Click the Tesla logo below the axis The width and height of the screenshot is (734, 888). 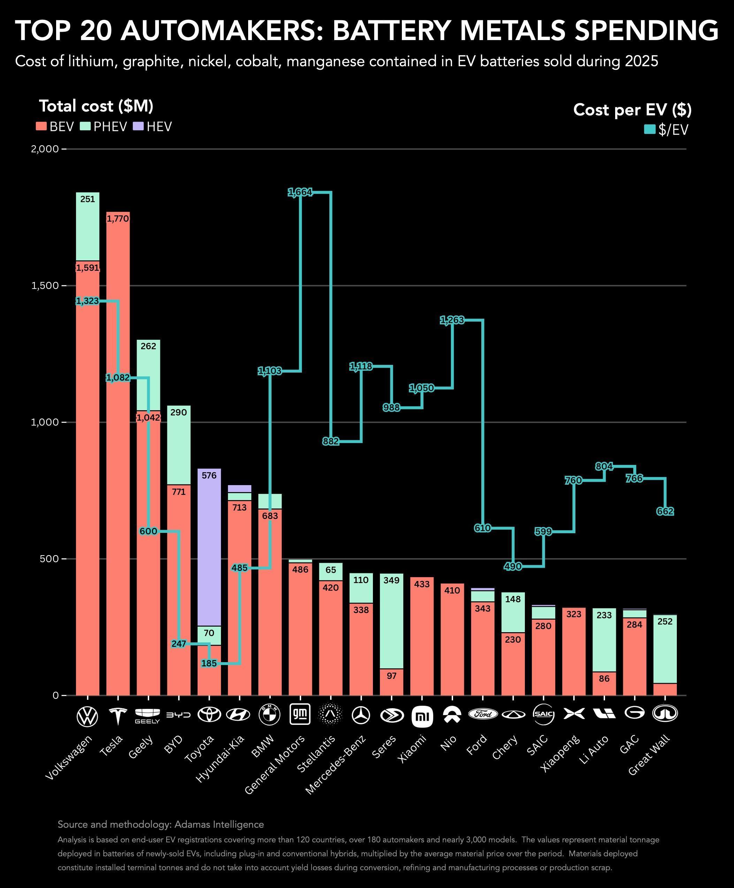pos(118,715)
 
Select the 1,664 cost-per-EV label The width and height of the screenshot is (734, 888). pos(300,192)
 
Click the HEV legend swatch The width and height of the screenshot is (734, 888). pos(138,127)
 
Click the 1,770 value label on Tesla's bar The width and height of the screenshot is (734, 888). pos(117,219)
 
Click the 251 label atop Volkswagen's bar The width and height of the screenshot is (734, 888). pos(87,199)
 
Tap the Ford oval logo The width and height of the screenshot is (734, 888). pos(482,714)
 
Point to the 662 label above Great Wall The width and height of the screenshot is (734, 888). pos(665,512)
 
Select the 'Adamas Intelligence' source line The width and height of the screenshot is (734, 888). pos(160,824)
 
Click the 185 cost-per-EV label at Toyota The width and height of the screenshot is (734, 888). pos(209,664)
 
